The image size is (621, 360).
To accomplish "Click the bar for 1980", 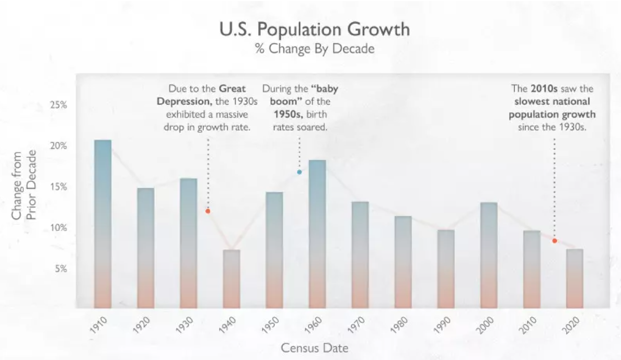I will coord(403,262).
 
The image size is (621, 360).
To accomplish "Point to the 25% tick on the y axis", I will coord(59,105).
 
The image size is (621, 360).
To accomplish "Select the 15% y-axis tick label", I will coord(59,187).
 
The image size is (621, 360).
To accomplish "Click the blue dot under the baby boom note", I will coord(300,172).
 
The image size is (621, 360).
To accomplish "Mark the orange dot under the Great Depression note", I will coord(208,211).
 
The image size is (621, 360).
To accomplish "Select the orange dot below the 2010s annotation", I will coord(555,241).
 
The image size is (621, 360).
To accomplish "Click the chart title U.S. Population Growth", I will coord(315,29).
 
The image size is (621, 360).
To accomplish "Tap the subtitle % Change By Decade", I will coord(315,49).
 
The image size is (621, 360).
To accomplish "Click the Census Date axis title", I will coord(315,347).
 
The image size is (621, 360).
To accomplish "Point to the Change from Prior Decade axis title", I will coord(25,185).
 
